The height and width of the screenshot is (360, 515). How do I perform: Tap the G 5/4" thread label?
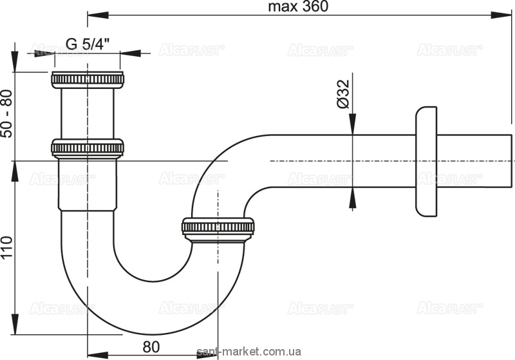pyautogui.click(x=87, y=44)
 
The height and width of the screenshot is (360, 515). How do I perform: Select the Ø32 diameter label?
pyautogui.click(x=342, y=95)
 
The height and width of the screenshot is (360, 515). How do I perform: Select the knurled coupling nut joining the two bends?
pyautogui.click(x=219, y=229)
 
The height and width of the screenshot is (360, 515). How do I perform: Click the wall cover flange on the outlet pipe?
pyautogui.click(x=427, y=161)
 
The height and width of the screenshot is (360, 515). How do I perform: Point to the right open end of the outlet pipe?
pyautogui.click(x=511, y=160)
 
